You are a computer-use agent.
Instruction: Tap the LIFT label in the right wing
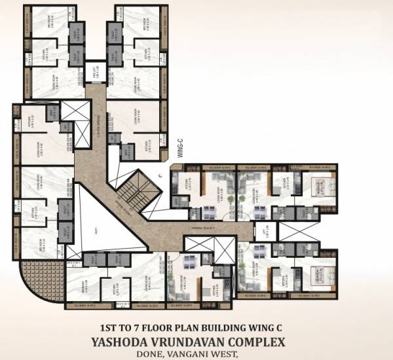(x=265, y=230)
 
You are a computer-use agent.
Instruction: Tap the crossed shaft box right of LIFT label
(x=284, y=230)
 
